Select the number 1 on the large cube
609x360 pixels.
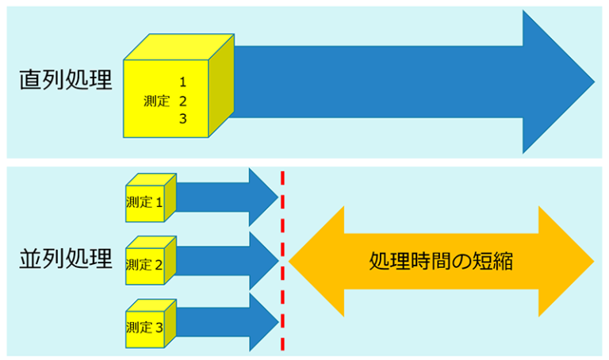pos(182,82)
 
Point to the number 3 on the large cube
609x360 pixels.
pos(182,119)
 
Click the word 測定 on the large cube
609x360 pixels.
pos(157,101)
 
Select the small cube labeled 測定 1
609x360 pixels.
pos(147,201)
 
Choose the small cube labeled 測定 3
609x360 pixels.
pos(147,325)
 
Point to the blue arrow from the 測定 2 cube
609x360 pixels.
pos(230,260)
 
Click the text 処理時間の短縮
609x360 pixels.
pos(441,261)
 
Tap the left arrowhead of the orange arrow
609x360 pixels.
pos(317,260)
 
